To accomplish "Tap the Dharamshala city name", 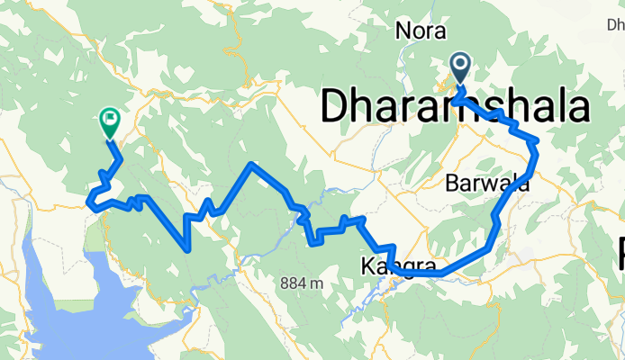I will tap(456, 107).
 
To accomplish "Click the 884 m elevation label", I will tap(301, 283).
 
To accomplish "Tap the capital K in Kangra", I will tap(367, 267).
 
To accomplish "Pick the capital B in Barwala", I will tap(453, 184).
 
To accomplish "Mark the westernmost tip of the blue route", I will tap(88, 202).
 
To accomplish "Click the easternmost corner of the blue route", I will tap(538, 141).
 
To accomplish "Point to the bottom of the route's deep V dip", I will tap(186, 248).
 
